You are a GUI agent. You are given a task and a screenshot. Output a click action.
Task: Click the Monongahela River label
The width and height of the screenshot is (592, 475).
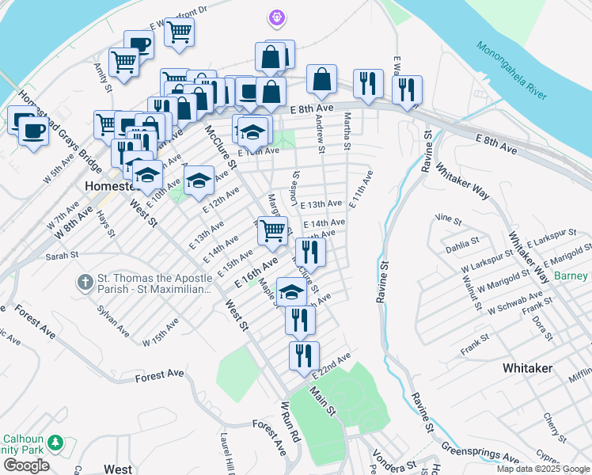[511, 70]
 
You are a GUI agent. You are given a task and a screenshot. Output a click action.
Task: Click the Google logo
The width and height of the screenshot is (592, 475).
[26, 465]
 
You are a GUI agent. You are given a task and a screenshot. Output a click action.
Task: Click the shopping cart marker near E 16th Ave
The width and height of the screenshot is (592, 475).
[272, 230]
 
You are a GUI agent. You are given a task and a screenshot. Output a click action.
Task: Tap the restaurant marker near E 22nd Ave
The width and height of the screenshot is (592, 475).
[303, 355]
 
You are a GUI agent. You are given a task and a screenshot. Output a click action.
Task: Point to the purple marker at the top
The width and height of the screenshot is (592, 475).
[275, 16]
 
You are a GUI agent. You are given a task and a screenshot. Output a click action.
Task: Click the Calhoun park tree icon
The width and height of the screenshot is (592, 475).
[55, 442]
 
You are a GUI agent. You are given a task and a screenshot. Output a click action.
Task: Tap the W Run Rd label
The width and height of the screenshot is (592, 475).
[290, 420]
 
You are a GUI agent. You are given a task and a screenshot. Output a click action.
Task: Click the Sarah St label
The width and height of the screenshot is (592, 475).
[62, 256]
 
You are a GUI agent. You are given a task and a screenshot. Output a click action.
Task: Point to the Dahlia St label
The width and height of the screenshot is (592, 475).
[464, 245]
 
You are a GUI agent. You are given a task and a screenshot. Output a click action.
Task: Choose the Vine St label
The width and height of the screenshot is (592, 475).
[448, 218]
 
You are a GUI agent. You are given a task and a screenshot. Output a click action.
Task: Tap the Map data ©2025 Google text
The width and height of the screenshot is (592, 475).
[542, 469]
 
